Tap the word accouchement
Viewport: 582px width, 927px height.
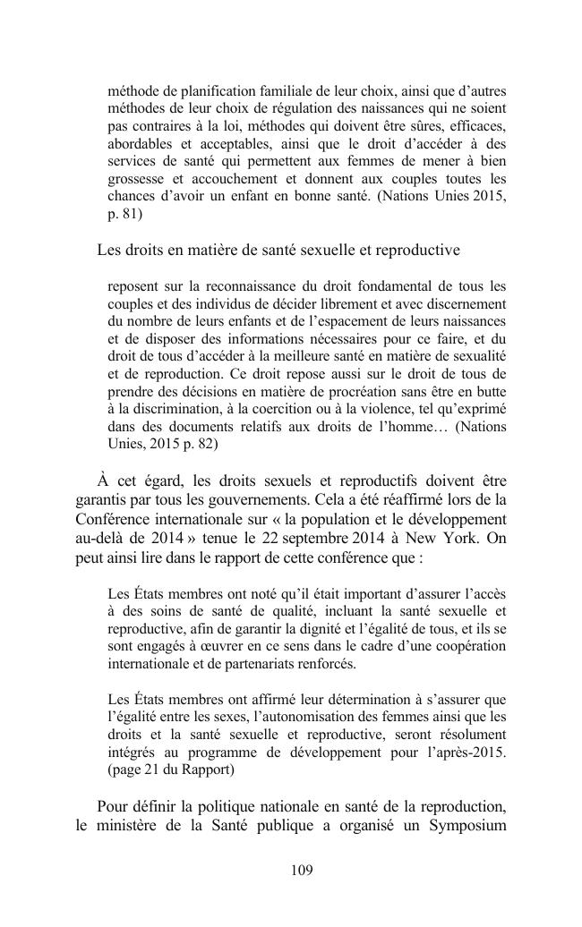coord(246,178)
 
